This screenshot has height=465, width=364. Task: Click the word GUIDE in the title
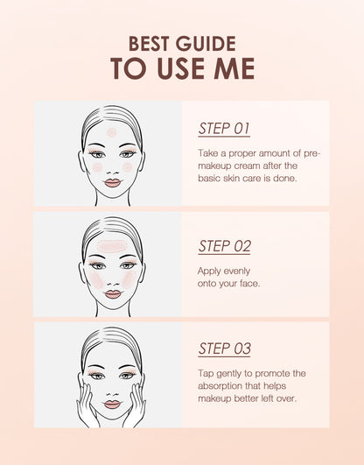tap(206, 44)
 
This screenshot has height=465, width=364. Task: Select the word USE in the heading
tap(180, 68)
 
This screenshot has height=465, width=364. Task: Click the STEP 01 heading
tap(224, 129)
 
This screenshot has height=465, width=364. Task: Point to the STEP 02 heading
tap(224, 246)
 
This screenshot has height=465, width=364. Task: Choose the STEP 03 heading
tap(224, 349)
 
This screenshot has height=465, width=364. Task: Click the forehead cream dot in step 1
tap(111, 132)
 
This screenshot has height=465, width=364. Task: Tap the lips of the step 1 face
tap(113, 183)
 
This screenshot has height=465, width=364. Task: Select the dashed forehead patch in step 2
tap(112, 246)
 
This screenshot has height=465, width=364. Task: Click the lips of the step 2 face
tap(113, 294)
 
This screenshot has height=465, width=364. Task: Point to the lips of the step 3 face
tap(112, 405)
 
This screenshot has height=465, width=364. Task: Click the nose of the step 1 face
tap(113, 173)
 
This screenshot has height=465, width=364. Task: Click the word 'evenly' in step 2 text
tap(236, 271)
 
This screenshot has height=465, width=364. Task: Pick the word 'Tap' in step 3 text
tap(206, 374)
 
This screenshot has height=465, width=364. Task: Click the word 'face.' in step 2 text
tap(250, 284)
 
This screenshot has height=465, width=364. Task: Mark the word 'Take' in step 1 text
tap(207, 153)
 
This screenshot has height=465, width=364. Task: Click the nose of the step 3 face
tap(112, 394)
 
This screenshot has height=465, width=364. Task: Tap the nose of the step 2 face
tap(113, 284)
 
